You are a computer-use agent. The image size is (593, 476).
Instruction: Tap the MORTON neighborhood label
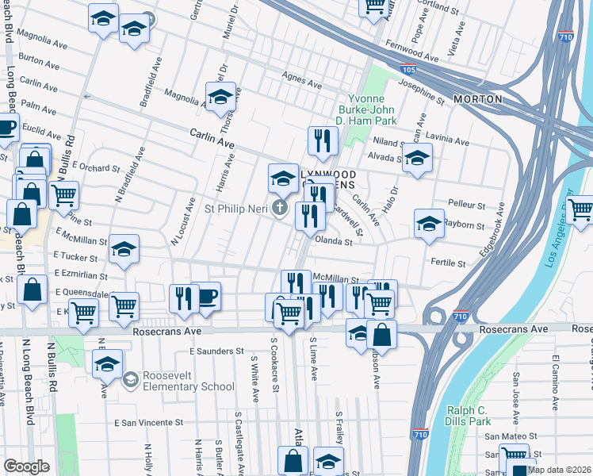(x=478, y=99)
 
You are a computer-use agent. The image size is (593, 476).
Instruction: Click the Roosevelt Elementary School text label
(x=189, y=380)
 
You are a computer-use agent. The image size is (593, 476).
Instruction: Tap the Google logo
(x=26, y=466)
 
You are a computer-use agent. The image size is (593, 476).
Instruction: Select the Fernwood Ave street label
(x=411, y=52)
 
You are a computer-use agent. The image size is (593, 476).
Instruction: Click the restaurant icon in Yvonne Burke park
(x=323, y=141)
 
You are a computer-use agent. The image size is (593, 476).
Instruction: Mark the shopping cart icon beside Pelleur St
(x=580, y=209)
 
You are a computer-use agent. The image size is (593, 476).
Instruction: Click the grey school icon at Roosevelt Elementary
(x=129, y=380)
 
